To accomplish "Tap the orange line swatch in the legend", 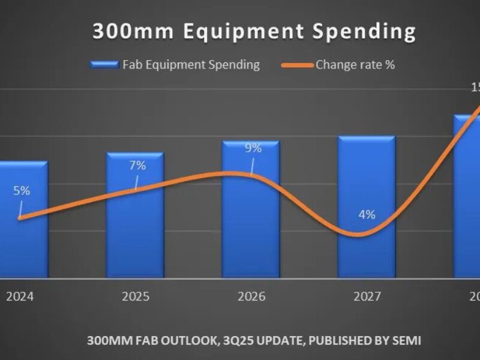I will pos(297,65).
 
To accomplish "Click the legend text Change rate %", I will pos(355,65).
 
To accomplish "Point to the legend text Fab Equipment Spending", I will pos(191,65).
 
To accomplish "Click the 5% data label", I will pos(22,191).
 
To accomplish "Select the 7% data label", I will pos(137,165).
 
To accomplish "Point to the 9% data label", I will pos(253,148).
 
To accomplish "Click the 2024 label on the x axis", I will pos(19,296).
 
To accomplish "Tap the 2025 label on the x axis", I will pos(135,296).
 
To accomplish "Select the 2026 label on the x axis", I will pos(251,296).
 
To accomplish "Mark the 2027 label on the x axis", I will pos(367,296).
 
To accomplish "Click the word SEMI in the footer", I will pos(407,341).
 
